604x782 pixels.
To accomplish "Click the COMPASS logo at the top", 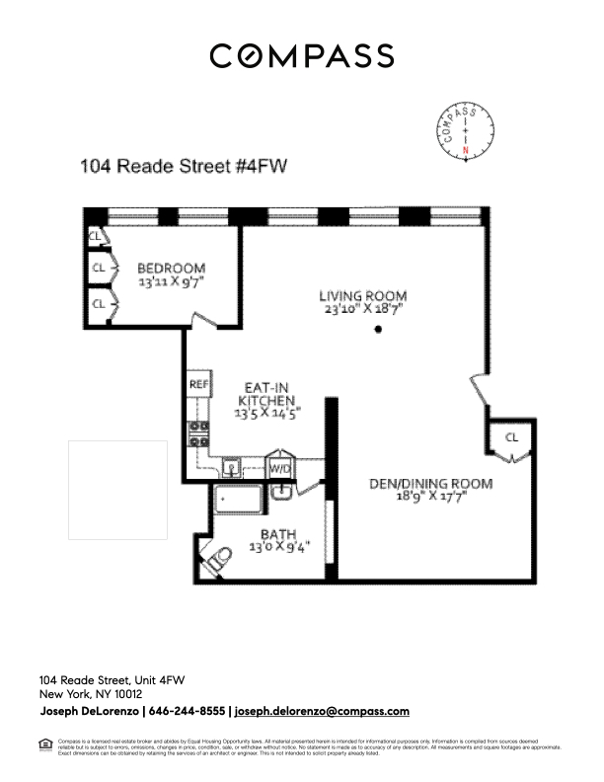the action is pyautogui.click(x=301, y=56).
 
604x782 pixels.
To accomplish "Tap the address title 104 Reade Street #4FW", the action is pyautogui.click(x=184, y=167).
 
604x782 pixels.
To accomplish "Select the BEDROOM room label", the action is pyautogui.click(x=171, y=268).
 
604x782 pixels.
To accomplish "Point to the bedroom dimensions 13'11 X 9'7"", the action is pyautogui.click(x=171, y=281).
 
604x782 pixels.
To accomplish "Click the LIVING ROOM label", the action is pyautogui.click(x=362, y=295).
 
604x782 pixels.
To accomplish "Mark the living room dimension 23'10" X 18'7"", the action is pyautogui.click(x=362, y=309).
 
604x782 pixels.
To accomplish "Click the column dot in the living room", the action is pyautogui.click(x=379, y=330).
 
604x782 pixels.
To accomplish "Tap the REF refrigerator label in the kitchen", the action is pyautogui.click(x=197, y=383).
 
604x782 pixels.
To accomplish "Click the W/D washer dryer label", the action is pyautogui.click(x=280, y=468).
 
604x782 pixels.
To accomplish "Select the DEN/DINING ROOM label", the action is pyautogui.click(x=430, y=484).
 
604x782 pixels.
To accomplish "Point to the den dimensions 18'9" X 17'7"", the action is pyautogui.click(x=430, y=498).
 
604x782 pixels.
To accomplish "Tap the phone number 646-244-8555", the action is pyautogui.click(x=187, y=711).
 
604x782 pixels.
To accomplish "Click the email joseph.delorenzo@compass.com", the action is pyautogui.click(x=321, y=711).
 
